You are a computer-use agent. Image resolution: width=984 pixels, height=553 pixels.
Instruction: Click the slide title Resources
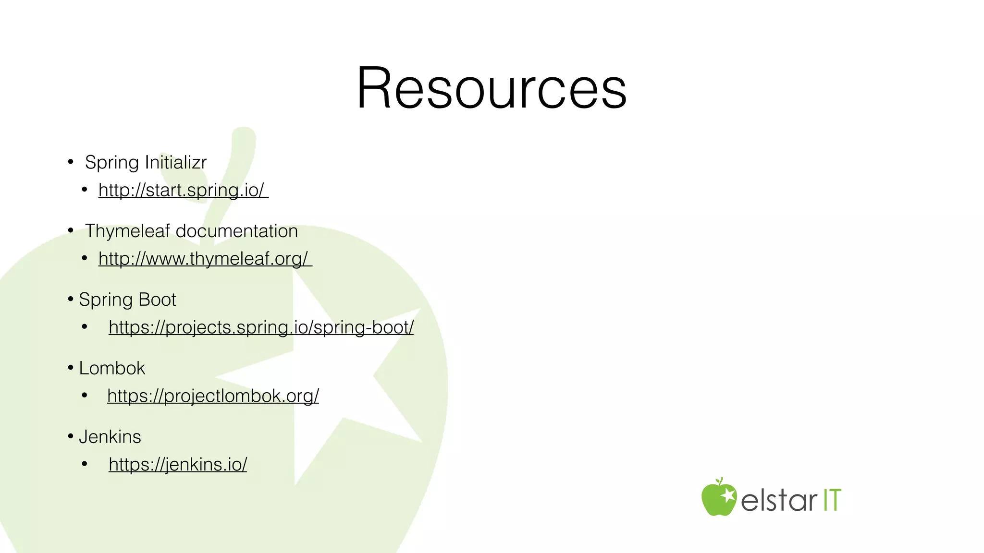click(492, 88)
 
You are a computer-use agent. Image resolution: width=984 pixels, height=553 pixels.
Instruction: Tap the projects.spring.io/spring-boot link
click(261, 327)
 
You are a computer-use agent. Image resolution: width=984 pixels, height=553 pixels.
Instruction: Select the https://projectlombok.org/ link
click(213, 396)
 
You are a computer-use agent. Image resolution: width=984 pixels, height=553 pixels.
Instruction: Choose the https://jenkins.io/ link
click(178, 465)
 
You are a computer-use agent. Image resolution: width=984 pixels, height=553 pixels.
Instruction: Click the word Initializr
click(176, 162)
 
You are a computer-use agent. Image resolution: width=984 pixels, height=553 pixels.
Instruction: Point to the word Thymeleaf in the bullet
click(127, 231)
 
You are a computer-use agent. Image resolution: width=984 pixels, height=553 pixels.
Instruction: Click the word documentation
click(237, 231)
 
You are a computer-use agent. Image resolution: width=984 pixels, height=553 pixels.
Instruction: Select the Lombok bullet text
click(112, 368)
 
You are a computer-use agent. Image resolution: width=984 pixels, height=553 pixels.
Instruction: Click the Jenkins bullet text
click(110, 437)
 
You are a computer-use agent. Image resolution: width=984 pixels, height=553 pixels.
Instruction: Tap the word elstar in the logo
click(778, 500)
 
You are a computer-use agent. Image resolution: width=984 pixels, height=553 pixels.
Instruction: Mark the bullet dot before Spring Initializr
click(71, 162)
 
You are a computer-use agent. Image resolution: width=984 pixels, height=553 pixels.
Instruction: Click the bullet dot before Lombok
click(71, 368)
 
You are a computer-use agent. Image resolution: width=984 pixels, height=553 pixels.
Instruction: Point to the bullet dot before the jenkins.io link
click(85, 465)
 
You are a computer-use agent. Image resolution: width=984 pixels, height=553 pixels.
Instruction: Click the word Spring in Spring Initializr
click(112, 162)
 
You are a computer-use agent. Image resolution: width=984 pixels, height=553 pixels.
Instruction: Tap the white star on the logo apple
click(727, 495)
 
